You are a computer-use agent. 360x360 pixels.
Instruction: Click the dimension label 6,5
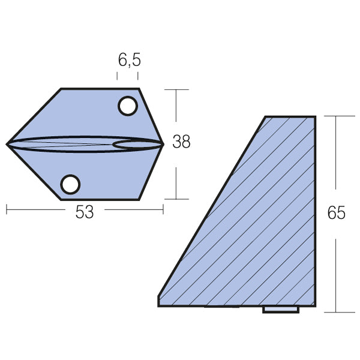(128, 60)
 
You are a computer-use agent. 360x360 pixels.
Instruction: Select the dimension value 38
(181, 142)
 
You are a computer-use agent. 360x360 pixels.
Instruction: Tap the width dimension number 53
(85, 212)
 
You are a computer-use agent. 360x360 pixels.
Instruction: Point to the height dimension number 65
(337, 212)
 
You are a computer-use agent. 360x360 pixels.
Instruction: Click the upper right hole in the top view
(127, 106)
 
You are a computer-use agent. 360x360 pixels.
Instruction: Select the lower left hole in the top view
(71, 184)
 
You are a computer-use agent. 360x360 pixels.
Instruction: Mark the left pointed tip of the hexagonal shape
(7, 144)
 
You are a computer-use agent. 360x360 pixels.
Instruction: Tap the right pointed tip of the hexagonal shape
(163, 144)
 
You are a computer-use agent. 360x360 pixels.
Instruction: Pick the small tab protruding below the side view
(281, 310)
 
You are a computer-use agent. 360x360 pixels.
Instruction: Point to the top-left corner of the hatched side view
(266, 117)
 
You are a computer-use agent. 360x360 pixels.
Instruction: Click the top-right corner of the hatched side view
(315, 117)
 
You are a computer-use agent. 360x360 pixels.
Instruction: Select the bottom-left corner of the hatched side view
(159, 305)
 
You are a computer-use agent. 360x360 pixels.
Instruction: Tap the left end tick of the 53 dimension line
(7, 209)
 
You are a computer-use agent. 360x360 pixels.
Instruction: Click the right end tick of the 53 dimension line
(163, 209)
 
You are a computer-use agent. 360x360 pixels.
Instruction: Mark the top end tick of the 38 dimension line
(176, 89)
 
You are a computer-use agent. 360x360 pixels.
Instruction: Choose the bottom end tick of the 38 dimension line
(176, 199)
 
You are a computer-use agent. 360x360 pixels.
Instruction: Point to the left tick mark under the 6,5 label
(117, 76)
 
